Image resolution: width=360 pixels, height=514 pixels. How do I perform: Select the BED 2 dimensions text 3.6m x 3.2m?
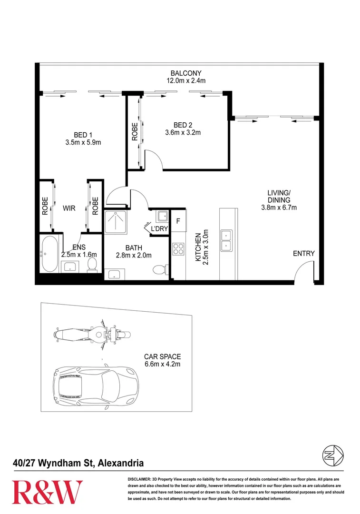(183, 133)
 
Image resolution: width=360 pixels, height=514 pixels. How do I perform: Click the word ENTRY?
(303, 254)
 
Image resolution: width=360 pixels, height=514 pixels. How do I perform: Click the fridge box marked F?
(178, 221)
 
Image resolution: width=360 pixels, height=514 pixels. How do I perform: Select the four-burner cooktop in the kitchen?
(178, 248)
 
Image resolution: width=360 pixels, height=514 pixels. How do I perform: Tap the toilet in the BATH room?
(159, 270)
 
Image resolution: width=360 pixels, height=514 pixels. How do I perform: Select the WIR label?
(69, 208)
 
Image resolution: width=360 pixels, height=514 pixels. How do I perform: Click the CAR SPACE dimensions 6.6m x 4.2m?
(163, 365)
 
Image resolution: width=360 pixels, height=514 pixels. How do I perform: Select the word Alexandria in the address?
(120, 463)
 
